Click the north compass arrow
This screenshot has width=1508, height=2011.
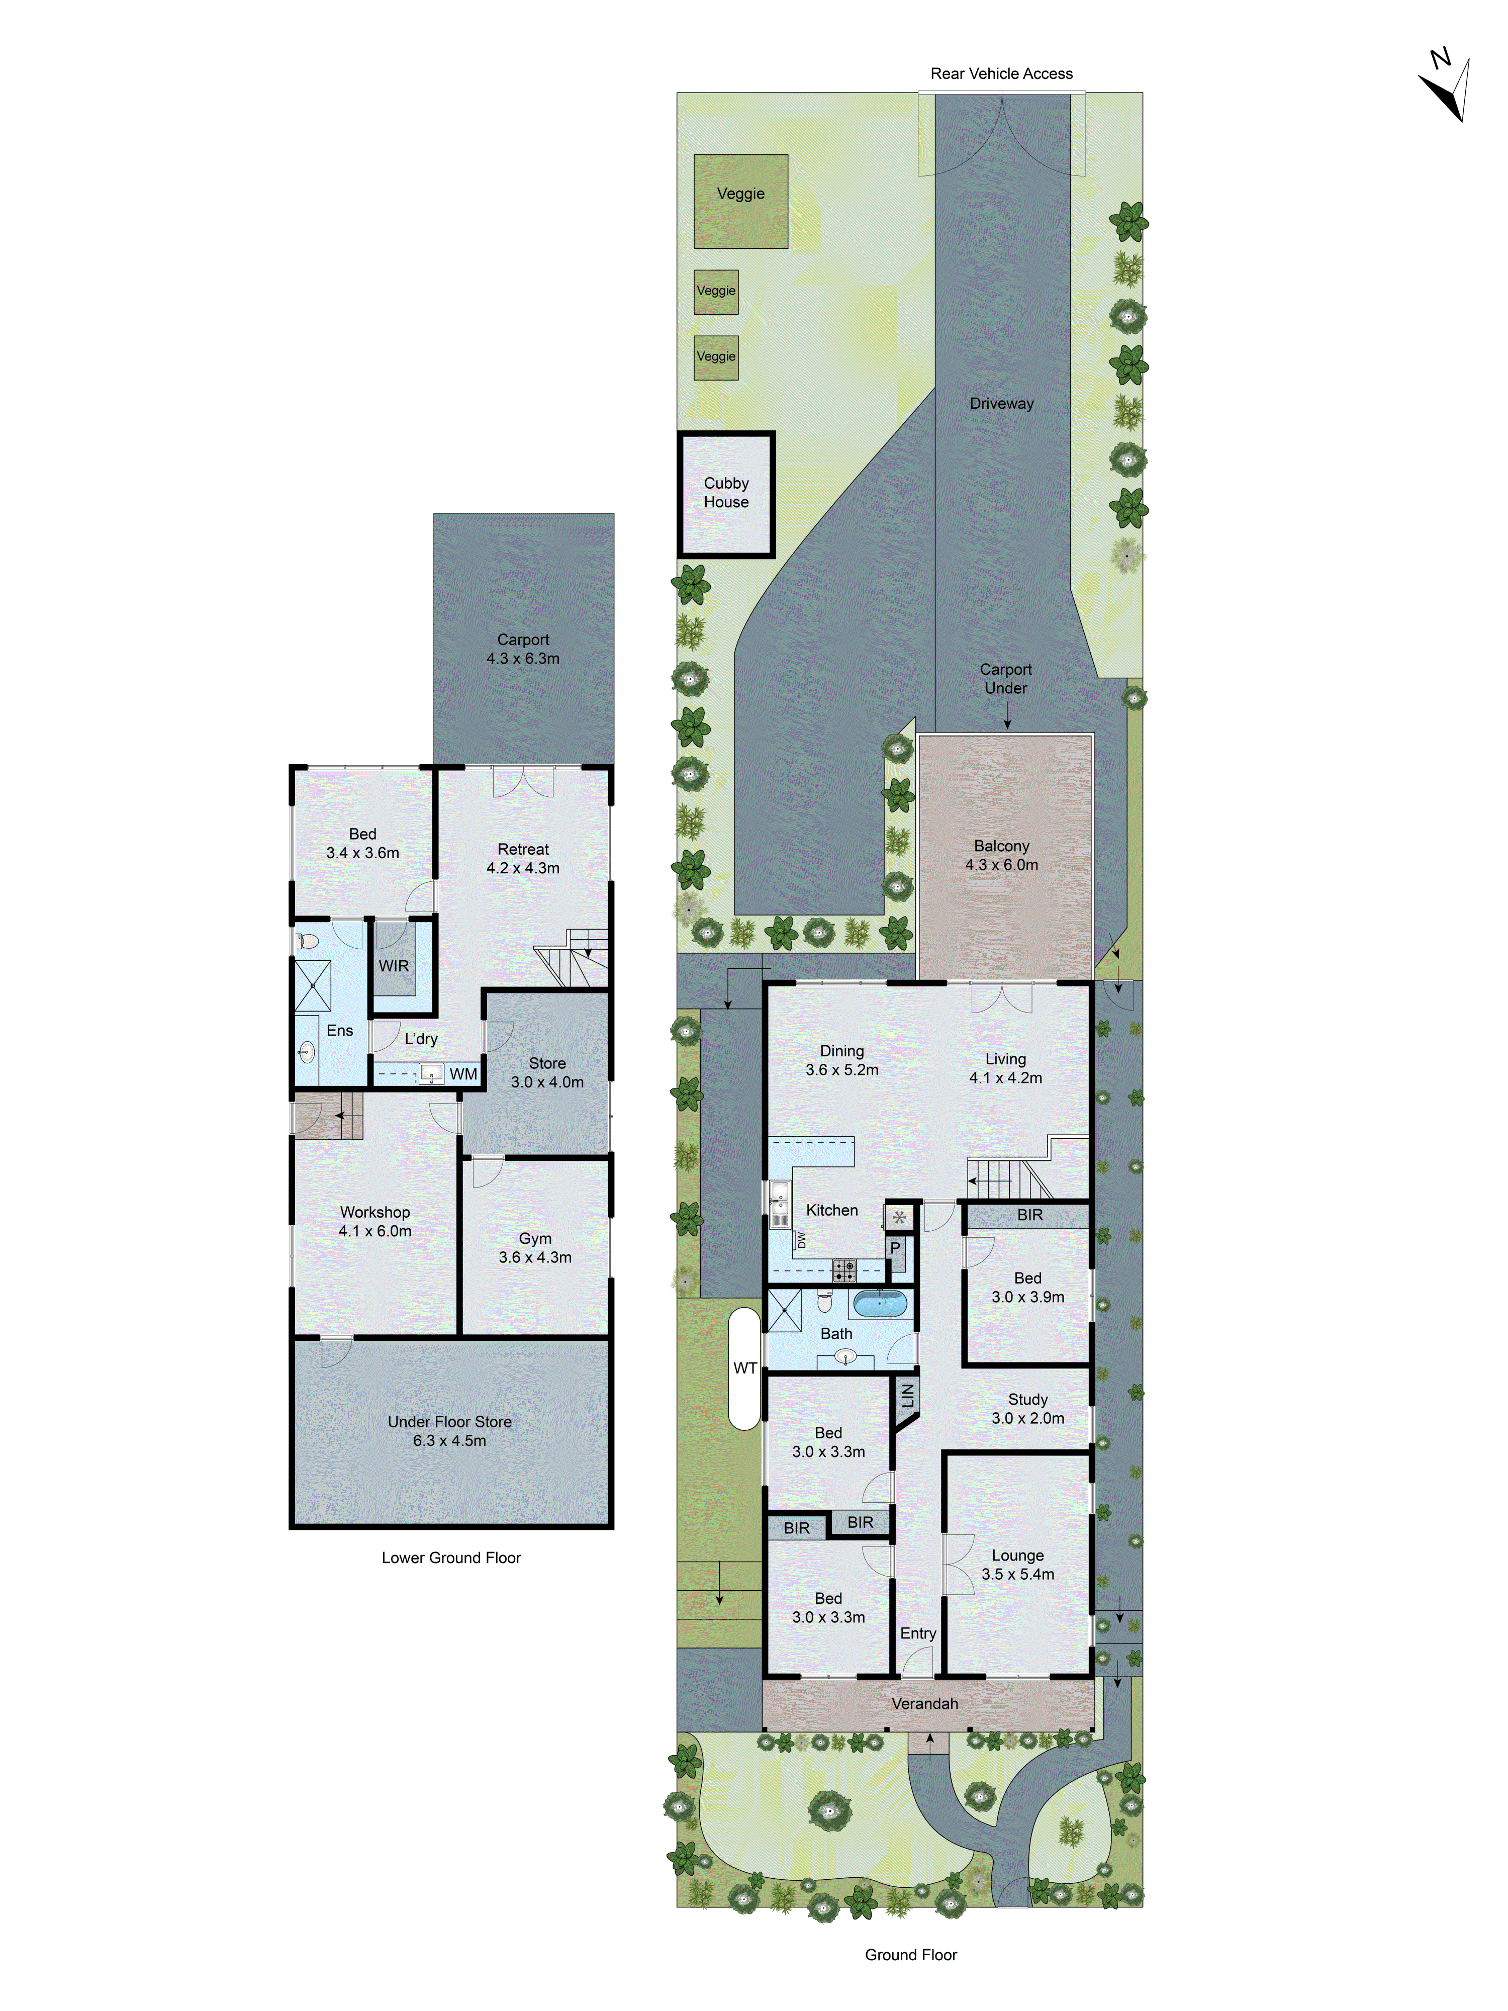(1447, 91)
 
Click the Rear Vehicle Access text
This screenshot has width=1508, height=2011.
(1001, 73)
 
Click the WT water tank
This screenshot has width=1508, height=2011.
(744, 1368)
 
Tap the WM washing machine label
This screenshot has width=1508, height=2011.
(462, 1074)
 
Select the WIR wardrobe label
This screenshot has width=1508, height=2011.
(394, 965)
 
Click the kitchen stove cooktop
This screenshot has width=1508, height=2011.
(843, 1270)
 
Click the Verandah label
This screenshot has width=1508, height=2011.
(924, 1704)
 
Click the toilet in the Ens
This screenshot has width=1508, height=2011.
(306, 941)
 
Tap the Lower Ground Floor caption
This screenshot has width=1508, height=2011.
(451, 1558)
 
